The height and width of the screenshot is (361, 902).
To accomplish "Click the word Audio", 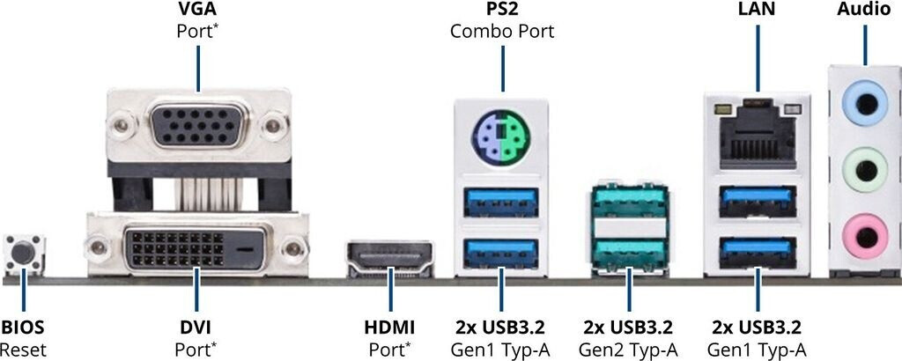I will click(x=864, y=11).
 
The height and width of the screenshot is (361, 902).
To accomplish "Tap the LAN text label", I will click(x=757, y=11).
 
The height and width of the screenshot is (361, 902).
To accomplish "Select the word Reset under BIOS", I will click(x=23, y=350).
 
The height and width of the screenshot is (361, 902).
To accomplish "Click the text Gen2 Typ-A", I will click(x=629, y=350).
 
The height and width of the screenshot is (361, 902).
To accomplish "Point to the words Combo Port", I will click(x=501, y=33).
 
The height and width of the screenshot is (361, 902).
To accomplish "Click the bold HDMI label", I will click(x=389, y=328).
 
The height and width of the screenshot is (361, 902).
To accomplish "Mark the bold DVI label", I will click(x=195, y=328).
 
